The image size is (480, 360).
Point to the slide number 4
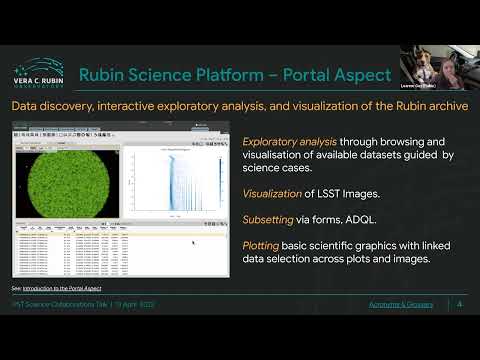(x=459, y=304)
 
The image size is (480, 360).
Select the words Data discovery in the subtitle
(x=50, y=106)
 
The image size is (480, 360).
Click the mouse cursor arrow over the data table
(x=193, y=242)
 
